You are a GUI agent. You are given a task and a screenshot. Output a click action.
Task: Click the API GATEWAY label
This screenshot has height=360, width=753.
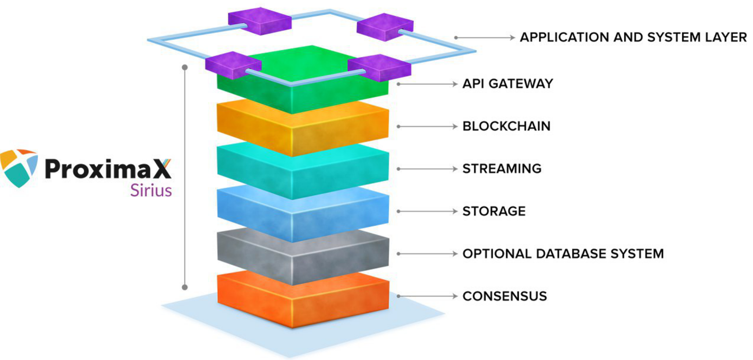[508, 84]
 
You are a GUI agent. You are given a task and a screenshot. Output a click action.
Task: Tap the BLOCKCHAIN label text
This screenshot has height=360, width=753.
[506, 126]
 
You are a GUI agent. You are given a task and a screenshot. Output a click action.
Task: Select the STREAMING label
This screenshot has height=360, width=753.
[502, 169]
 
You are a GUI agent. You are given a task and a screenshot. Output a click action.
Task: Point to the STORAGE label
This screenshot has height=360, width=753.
[494, 211]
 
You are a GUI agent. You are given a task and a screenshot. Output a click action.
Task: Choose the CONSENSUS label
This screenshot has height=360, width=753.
[505, 296]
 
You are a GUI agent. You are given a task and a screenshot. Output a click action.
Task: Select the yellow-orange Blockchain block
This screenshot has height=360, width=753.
[301, 128]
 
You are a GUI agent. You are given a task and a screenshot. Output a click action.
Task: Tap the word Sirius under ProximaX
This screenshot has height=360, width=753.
[151, 191]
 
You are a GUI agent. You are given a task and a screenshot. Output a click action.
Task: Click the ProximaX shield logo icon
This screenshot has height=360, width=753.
[19, 168]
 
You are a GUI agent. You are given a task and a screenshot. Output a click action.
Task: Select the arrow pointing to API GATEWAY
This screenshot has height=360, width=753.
[427, 84]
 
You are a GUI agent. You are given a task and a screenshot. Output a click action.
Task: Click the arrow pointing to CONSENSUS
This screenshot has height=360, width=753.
[427, 296]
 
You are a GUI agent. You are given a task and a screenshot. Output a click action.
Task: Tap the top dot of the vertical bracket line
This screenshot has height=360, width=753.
[184, 67]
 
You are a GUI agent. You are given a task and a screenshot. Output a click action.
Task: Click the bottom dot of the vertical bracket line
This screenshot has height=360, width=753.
[184, 287]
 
